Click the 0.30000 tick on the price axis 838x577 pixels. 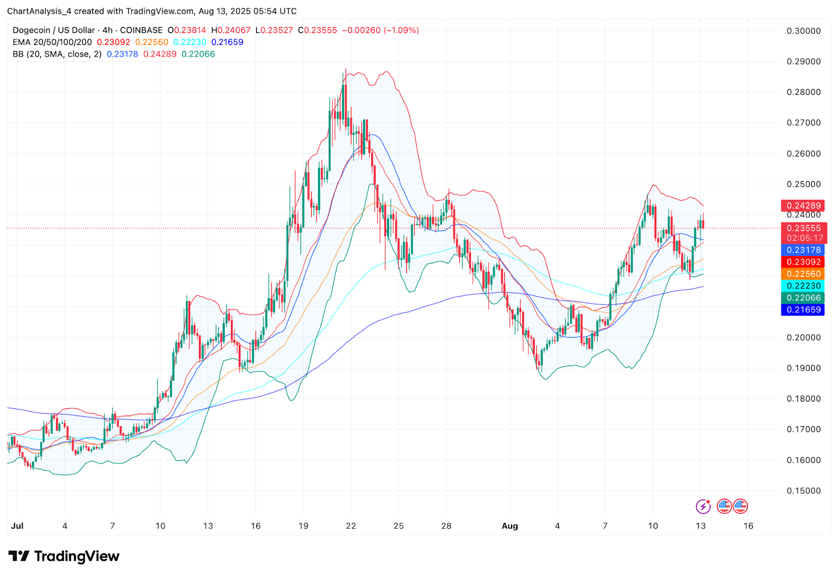pyautogui.click(x=803, y=31)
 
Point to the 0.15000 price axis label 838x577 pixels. pyautogui.click(x=803, y=491)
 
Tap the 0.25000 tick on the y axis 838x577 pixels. pyautogui.click(x=803, y=184)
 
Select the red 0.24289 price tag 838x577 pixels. pyautogui.click(x=803, y=206)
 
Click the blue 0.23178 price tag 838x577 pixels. pyautogui.click(x=803, y=250)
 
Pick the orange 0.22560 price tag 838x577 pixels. pyautogui.click(x=803, y=274)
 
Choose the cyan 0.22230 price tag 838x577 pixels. pyautogui.click(x=803, y=286)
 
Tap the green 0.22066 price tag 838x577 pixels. pyautogui.click(x=803, y=298)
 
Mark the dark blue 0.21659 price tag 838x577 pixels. pyautogui.click(x=803, y=310)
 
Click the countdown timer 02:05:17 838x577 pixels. pyautogui.click(x=804, y=238)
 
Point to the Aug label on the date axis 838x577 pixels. pyautogui.click(x=510, y=526)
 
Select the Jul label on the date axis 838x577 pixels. pyautogui.click(x=17, y=526)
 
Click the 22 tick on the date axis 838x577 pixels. pyautogui.click(x=351, y=526)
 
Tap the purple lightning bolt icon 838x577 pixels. pyautogui.click(x=703, y=506)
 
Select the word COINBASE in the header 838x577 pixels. pyautogui.click(x=141, y=30)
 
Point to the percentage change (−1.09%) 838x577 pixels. pyautogui.click(x=402, y=30)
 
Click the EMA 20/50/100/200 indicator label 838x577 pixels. pyautogui.click(x=52, y=42)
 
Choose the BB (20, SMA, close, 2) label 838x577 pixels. pyautogui.click(x=57, y=54)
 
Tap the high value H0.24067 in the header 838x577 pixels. pyautogui.click(x=231, y=30)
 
